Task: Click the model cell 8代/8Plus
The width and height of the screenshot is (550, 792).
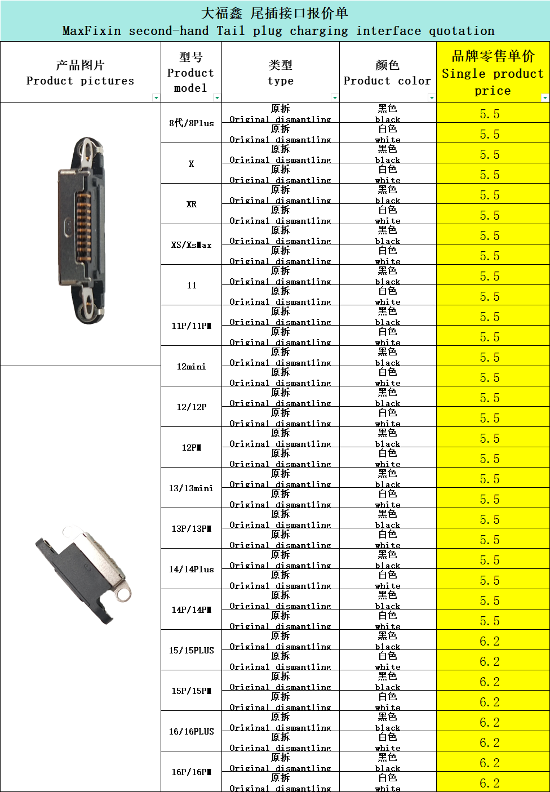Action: (192, 123)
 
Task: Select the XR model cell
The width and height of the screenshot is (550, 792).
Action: (192, 204)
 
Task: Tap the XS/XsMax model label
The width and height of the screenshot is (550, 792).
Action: (192, 245)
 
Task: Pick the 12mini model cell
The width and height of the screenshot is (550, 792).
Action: (192, 366)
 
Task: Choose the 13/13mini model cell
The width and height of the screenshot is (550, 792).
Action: (192, 488)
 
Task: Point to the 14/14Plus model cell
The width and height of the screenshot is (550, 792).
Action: (192, 569)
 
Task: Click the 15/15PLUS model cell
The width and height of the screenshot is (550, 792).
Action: (192, 650)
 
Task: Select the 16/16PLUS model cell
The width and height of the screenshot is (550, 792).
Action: (192, 731)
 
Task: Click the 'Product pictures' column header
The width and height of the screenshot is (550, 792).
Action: (81, 73)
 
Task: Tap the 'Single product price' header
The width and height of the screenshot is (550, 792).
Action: (493, 73)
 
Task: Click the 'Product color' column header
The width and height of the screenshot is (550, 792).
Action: (387, 73)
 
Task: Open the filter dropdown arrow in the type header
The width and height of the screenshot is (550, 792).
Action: (335, 97)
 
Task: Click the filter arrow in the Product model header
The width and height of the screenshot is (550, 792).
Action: (217, 97)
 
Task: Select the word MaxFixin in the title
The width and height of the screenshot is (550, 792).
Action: (91, 31)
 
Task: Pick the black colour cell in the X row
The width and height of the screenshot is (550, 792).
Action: (388, 153)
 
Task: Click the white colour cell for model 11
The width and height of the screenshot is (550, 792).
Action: (388, 295)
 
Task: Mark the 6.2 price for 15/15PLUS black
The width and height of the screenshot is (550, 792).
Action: (489, 641)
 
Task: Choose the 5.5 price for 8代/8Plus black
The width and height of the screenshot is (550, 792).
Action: (489, 114)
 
